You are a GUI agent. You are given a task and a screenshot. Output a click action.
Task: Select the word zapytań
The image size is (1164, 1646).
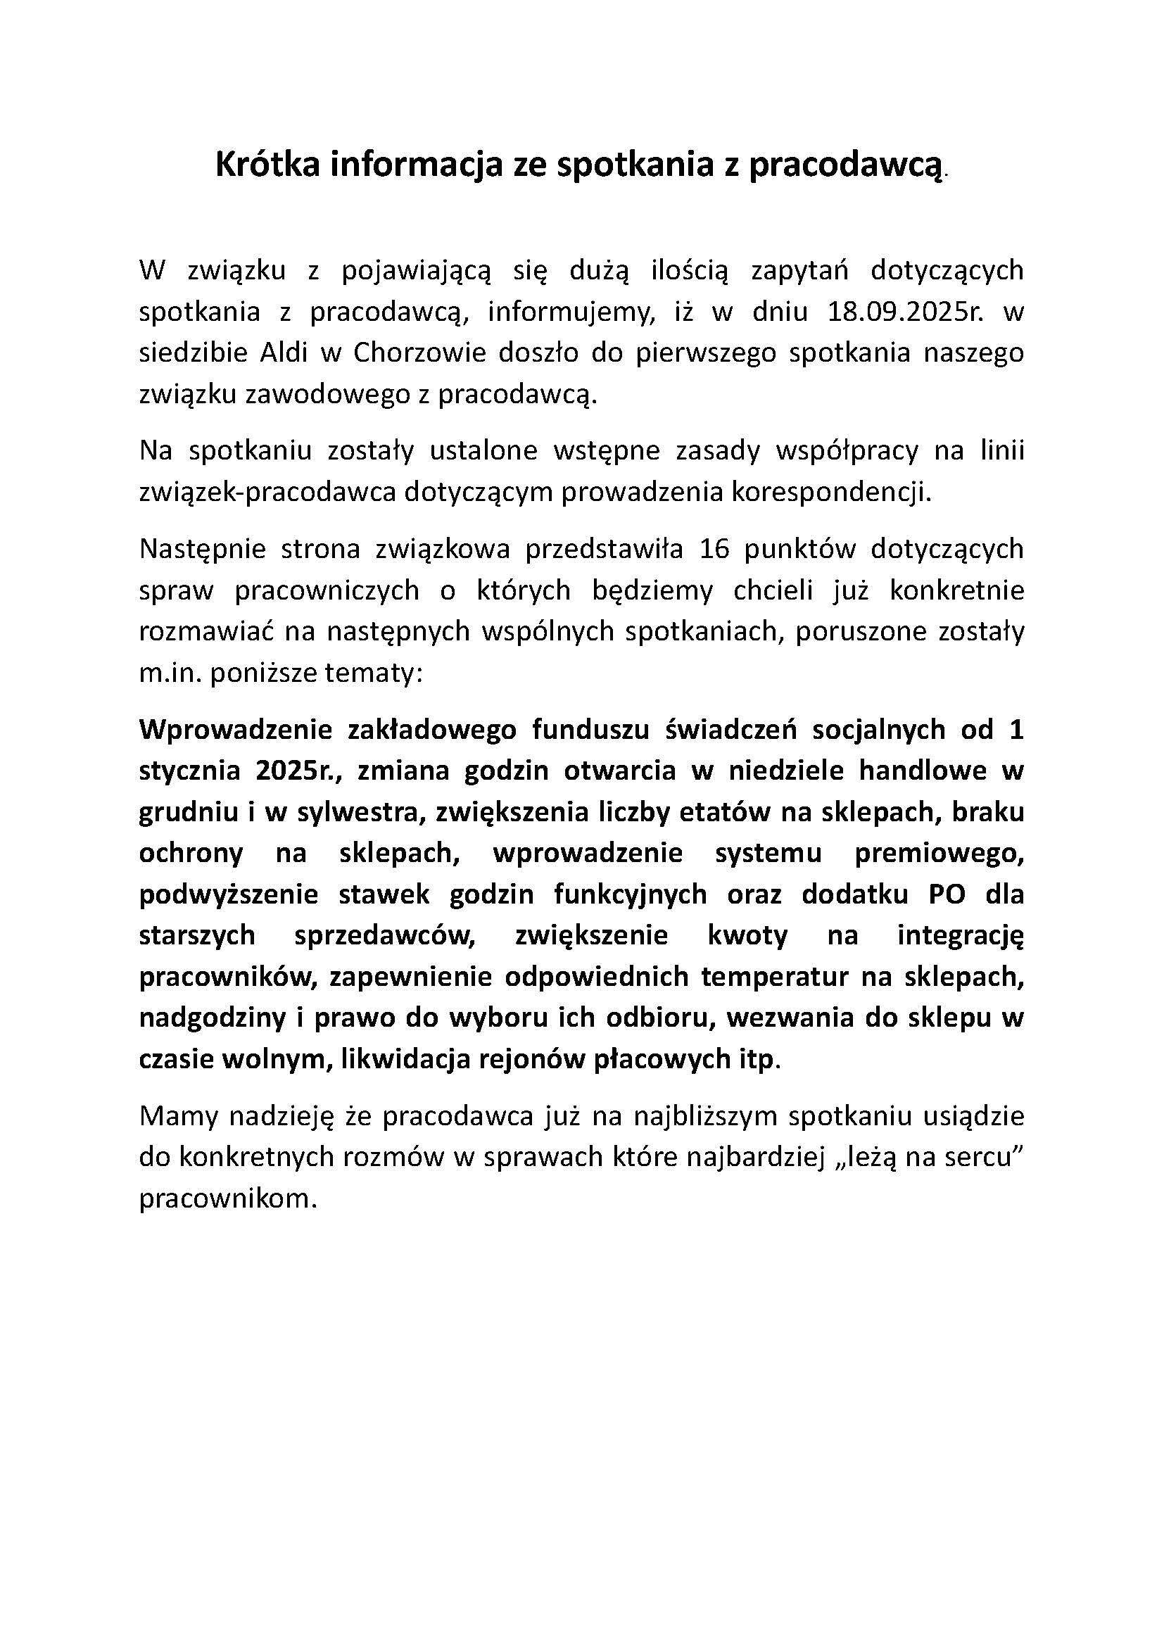click(x=799, y=271)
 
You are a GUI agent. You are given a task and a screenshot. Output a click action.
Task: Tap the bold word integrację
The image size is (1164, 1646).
click(x=961, y=936)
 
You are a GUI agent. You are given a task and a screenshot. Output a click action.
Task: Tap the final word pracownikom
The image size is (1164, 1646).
click(x=227, y=1198)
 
